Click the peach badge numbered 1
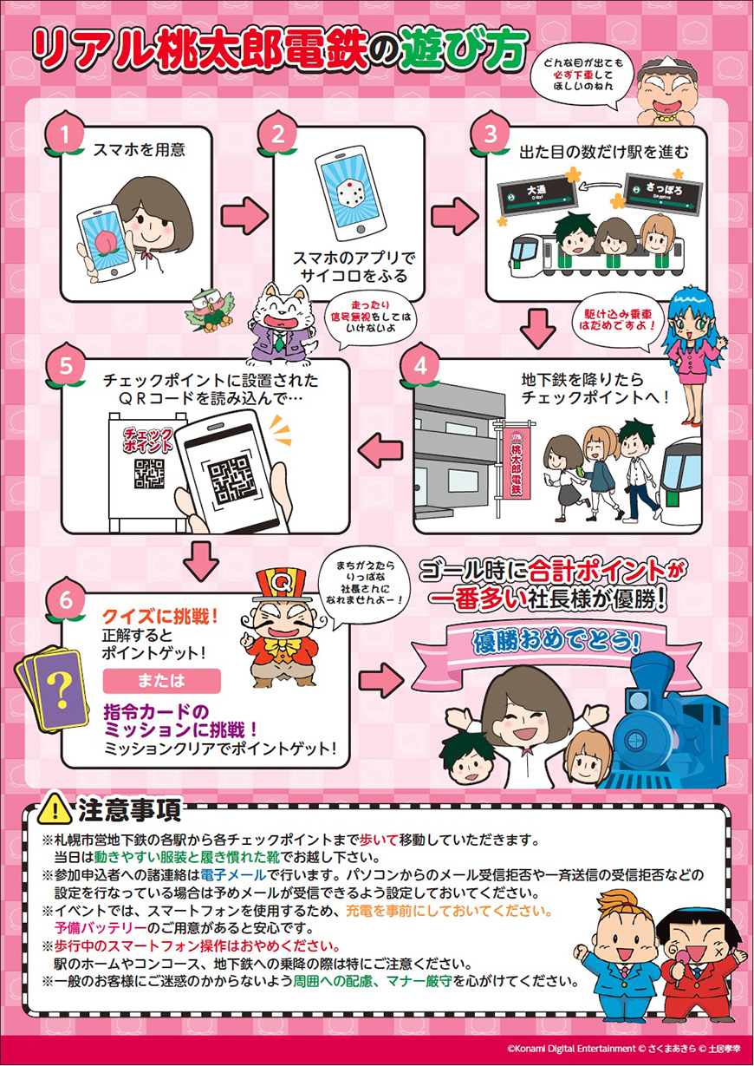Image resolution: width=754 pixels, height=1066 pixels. coord(65,134)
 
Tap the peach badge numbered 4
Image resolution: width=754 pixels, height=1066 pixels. coord(419,366)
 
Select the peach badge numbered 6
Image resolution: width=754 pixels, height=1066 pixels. coord(66,600)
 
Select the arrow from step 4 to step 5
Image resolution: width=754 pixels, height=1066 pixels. coord(380,449)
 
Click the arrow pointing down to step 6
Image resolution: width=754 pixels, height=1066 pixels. coord(201,560)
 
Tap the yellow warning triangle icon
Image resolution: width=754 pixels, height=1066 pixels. coord(55,808)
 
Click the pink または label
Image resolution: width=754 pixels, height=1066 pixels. coord(162,681)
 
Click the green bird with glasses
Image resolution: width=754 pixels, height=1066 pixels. coord(210,310)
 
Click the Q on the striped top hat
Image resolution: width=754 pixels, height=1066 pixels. coord(283,581)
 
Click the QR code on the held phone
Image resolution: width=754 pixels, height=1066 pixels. coord(231,480)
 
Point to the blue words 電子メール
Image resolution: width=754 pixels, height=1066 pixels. coord(233,874)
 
